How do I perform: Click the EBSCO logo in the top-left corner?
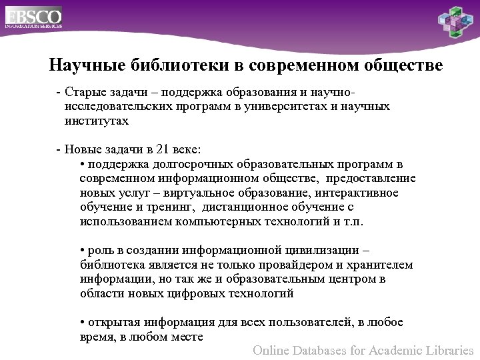34,17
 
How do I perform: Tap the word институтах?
97,121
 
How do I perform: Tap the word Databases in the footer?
327,349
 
